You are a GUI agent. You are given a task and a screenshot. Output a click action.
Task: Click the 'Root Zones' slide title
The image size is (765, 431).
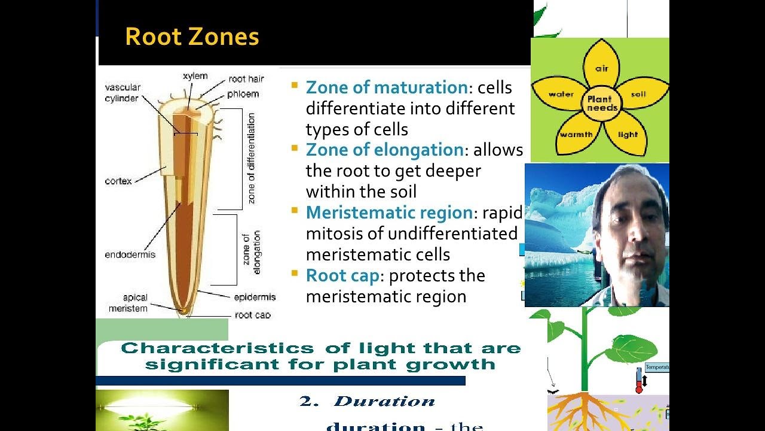tap(192, 37)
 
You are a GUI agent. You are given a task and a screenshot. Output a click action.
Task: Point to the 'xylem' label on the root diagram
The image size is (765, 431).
tap(195, 76)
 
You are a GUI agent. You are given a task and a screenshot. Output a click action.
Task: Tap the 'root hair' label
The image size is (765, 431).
tap(246, 79)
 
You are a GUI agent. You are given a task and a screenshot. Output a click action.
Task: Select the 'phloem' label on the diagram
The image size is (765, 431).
tap(243, 94)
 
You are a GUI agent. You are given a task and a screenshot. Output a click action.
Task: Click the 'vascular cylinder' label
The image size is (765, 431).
tap(122, 93)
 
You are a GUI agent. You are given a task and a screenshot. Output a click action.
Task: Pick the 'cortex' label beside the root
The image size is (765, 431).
tap(118, 181)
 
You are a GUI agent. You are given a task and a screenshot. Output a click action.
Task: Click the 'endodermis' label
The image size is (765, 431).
tap(130, 254)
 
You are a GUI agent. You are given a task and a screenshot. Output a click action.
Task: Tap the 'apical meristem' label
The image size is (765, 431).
tap(128, 303)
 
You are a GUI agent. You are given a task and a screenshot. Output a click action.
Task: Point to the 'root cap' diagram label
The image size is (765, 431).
tap(252, 315)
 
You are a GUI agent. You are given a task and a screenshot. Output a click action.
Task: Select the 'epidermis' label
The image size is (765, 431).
tap(255, 297)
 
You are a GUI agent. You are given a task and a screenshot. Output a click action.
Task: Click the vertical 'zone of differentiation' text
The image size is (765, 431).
tap(251, 158)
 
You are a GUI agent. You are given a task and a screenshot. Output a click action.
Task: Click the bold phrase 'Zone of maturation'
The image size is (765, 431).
tap(386, 87)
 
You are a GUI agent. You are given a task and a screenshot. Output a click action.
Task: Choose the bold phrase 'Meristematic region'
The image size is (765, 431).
tap(389, 213)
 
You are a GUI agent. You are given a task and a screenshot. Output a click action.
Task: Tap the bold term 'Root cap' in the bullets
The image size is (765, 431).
tap(342, 275)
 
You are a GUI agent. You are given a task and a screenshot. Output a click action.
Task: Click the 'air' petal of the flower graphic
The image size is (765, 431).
tap(601, 68)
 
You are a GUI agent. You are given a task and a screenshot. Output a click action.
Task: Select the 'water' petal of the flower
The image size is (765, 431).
tap(561, 95)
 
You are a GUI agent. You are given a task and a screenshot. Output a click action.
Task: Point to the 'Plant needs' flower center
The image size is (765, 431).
tap(602, 104)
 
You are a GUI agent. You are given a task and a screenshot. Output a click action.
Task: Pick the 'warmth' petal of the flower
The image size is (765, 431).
tap(576, 134)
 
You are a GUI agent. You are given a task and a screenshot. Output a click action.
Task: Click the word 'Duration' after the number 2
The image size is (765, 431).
tap(384, 402)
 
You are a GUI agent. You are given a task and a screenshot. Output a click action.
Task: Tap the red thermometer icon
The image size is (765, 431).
tap(639, 381)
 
